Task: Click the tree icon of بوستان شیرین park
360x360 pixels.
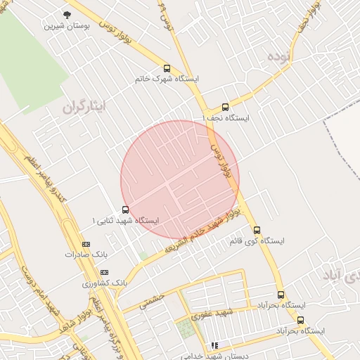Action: click(x=67, y=15)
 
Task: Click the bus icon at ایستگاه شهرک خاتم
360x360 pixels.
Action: click(x=167, y=68)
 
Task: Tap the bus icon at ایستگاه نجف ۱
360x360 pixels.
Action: click(x=225, y=107)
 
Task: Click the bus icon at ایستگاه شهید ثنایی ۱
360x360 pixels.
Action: click(x=125, y=209)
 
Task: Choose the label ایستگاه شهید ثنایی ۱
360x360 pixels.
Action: click(x=127, y=221)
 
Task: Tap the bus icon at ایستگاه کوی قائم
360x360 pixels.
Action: click(x=256, y=229)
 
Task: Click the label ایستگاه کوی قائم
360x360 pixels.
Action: click(x=257, y=241)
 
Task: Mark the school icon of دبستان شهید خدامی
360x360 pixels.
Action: click(x=214, y=345)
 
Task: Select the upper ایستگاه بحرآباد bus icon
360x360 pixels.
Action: click(x=281, y=295)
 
